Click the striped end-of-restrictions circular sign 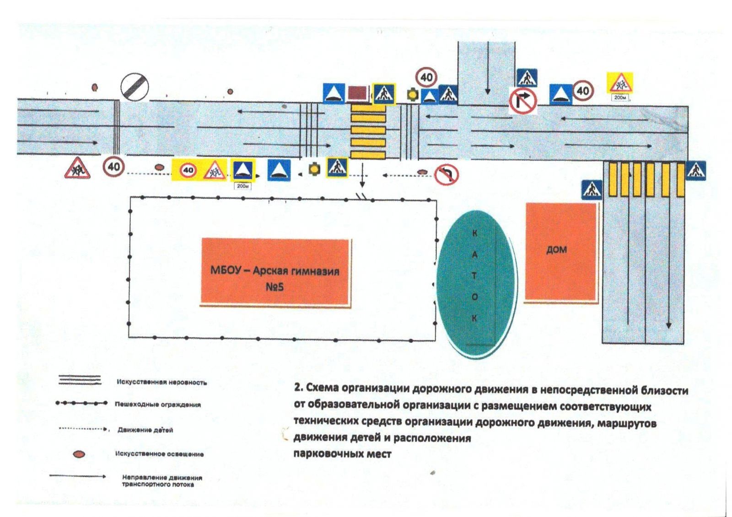135,87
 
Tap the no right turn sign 523,101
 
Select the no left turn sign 447,175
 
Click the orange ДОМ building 561,251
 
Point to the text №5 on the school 274,287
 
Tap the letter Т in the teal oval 474,276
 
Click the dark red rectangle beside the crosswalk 357,93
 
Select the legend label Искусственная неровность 161,382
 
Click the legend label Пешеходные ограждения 158,405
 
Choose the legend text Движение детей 145,430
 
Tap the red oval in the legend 79,454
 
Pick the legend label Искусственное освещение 159,454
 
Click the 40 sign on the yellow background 188,171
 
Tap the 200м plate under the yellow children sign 620,98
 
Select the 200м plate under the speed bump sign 242,186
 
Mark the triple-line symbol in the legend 80,380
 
